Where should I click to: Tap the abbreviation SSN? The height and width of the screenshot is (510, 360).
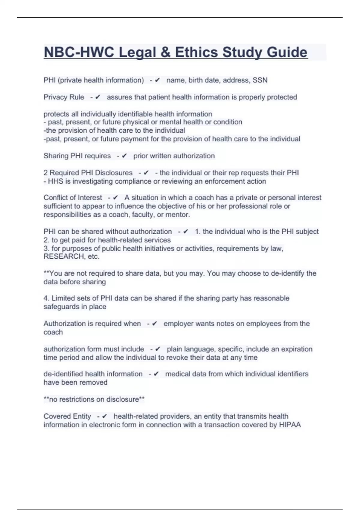(260, 80)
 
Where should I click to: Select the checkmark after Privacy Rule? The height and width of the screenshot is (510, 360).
(97, 97)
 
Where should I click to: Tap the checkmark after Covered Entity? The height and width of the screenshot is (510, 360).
(104, 416)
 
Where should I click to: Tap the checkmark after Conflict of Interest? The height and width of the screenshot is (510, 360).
(115, 198)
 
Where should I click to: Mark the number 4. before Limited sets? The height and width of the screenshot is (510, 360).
(46, 298)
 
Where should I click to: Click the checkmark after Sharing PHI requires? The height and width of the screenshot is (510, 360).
(124, 156)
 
